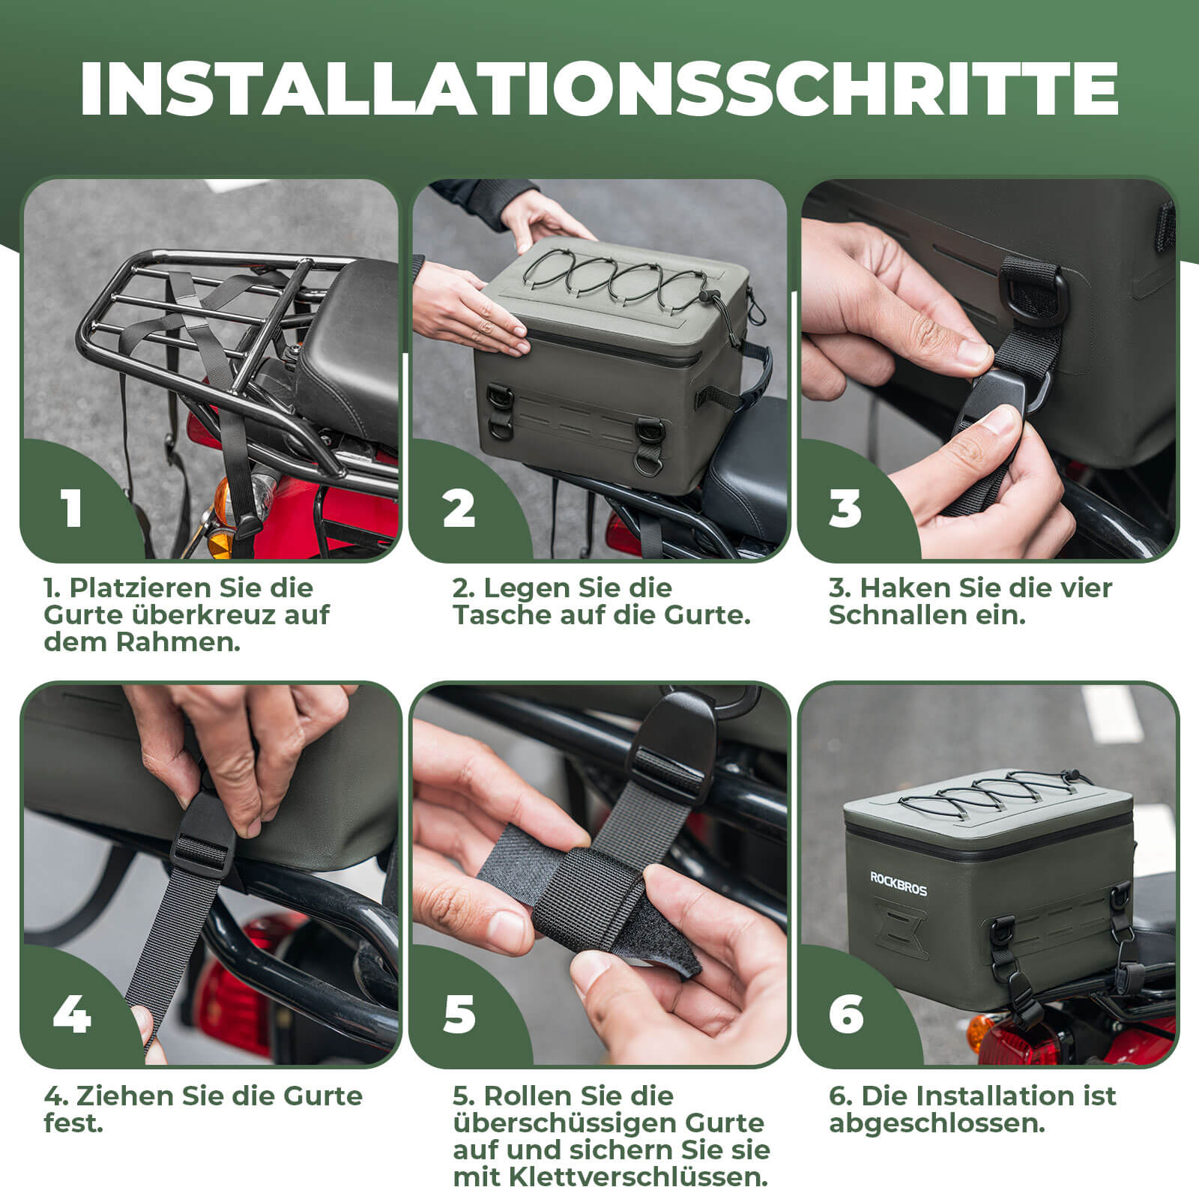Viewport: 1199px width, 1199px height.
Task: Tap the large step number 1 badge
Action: [x=72, y=508]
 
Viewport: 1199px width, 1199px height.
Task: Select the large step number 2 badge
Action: [x=459, y=508]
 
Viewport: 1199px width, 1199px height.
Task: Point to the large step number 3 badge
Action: [x=846, y=508]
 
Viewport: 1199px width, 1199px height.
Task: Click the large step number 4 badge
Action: [x=72, y=1015]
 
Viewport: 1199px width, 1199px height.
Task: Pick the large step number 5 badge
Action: [x=459, y=1015]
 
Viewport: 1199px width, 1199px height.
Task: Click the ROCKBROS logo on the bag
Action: [x=898, y=884]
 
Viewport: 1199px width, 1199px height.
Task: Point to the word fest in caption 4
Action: [x=73, y=1123]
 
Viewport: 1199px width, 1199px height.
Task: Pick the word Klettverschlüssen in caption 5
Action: [x=638, y=1177]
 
